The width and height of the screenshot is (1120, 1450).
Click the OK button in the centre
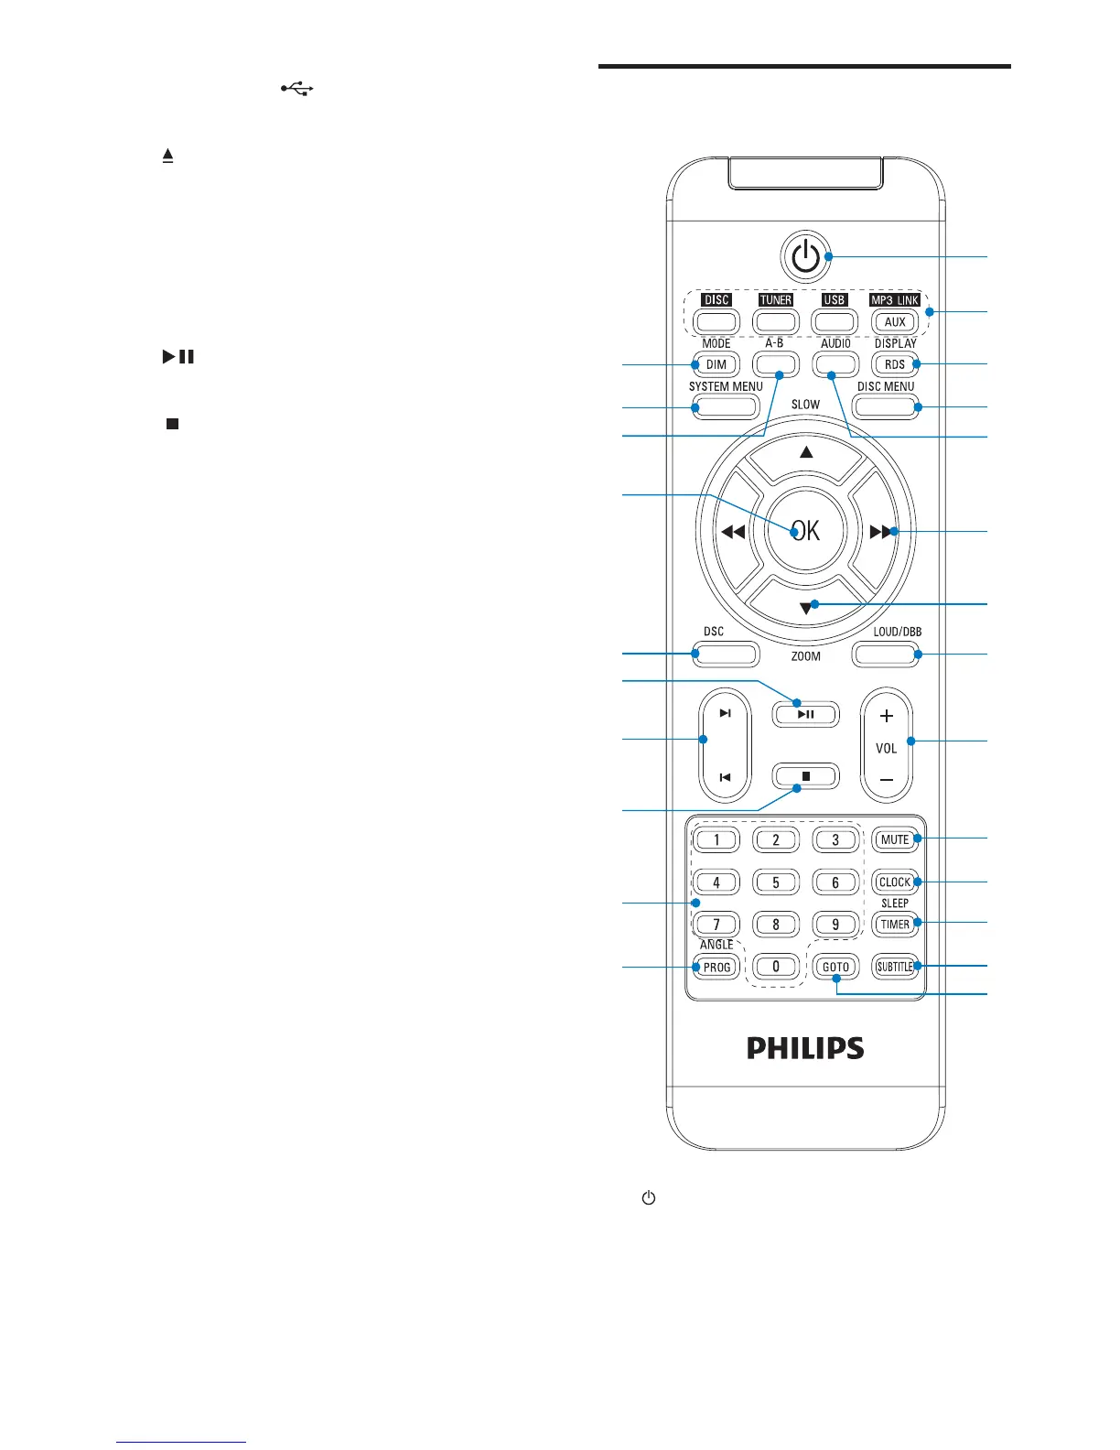point(805,531)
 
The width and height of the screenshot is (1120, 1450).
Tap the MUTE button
point(894,839)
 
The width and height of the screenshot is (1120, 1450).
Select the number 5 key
point(776,882)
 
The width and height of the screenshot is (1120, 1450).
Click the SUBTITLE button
point(894,967)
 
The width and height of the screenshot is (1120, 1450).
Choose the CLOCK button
point(894,882)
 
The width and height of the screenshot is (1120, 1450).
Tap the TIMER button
point(894,925)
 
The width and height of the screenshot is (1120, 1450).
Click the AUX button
point(894,321)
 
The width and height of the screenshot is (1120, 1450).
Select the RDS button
point(894,364)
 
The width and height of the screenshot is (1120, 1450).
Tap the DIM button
point(716,364)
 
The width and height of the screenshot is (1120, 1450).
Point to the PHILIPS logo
point(805,1048)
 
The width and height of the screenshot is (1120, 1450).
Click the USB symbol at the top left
point(297,88)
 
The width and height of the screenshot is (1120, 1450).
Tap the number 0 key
point(776,967)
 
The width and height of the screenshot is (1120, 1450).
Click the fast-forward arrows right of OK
point(880,531)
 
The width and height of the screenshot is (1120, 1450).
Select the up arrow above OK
point(805,452)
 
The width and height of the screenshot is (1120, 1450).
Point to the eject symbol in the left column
point(168,157)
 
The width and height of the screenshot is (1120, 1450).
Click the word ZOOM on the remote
point(805,656)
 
